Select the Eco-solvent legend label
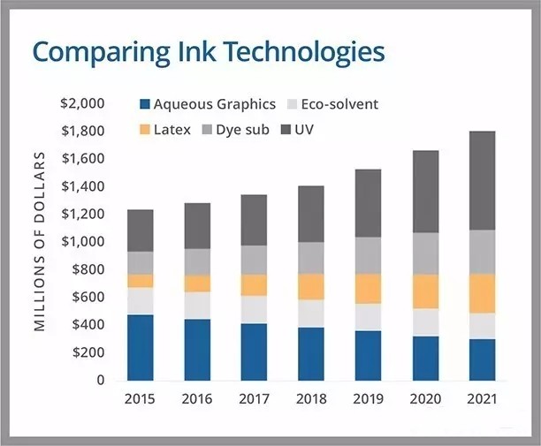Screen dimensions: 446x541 click(339, 104)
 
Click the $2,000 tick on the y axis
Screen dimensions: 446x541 click(82, 103)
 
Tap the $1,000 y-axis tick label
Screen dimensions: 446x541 click(82, 242)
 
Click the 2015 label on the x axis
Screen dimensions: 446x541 click(140, 399)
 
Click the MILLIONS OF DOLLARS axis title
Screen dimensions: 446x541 click(40, 241)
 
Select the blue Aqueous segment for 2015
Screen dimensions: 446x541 click(140, 347)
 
